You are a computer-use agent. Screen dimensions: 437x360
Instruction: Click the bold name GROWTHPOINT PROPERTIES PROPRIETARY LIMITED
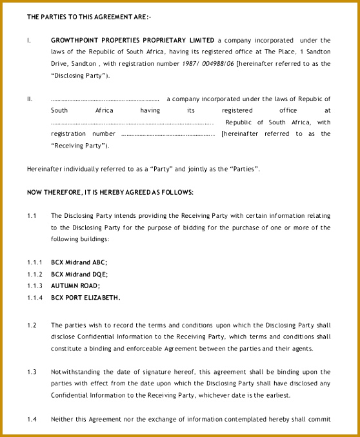coord(133,40)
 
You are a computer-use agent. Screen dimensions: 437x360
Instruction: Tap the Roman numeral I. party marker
coord(29,40)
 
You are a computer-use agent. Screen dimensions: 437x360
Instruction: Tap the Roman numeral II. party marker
coord(30,99)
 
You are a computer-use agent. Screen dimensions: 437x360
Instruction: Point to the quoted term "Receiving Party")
coord(79,145)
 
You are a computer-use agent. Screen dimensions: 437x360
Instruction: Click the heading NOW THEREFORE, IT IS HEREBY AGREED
coord(110,192)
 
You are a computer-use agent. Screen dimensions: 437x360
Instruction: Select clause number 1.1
coord(32,215)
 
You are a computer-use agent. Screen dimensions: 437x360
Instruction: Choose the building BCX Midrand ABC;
coord(79,262)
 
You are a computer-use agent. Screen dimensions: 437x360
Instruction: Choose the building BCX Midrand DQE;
coord(79,274)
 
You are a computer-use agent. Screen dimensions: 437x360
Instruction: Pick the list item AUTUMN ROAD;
coord(75,286)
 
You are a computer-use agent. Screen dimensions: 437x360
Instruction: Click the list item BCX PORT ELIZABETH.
coord(85,297)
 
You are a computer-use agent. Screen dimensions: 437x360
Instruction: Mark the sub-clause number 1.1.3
coord(35,286)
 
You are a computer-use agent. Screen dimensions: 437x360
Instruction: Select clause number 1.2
coord(32,325)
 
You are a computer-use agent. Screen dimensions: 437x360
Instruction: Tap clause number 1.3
coord(32,372)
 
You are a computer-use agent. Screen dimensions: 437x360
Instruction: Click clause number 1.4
coord(32,419)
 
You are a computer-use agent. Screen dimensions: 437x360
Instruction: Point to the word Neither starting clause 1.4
coord(62,419)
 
